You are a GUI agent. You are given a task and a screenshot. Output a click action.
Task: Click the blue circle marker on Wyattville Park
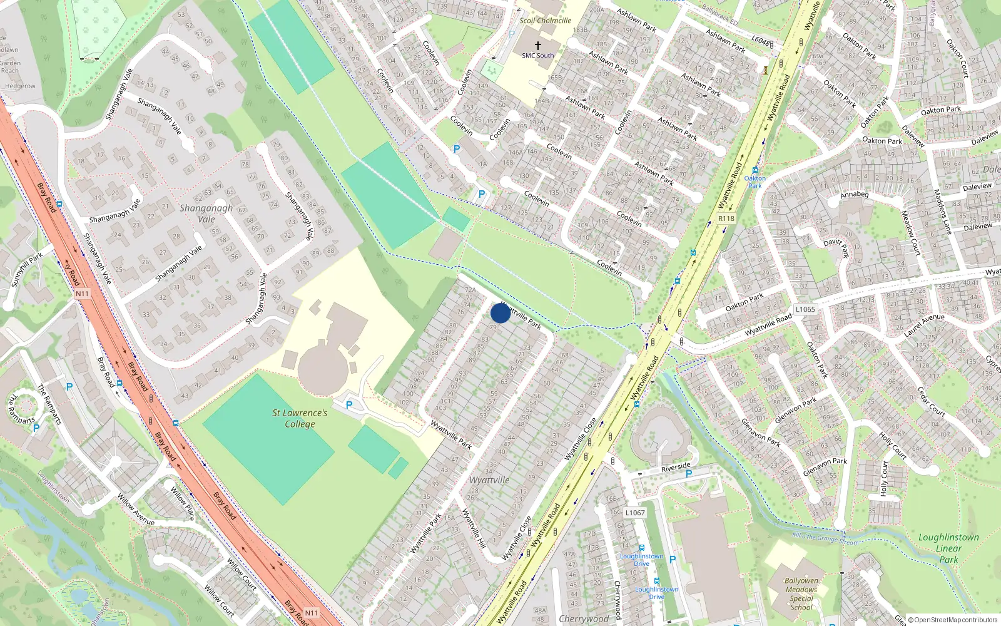[x=500, y=313]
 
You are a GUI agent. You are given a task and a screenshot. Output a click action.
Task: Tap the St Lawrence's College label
[x=300, y=418]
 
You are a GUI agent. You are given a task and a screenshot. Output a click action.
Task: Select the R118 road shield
[x=726, y=218]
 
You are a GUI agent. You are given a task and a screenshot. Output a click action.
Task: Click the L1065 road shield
[x=805, y=309]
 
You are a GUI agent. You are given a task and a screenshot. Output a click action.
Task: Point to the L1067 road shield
[x=634, y=513]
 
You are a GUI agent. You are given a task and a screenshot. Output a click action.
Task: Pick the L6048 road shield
[x=761, y=42]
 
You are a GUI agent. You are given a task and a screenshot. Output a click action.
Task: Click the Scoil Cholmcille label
[x=545, y=21]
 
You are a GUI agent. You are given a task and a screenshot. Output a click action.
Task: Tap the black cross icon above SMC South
[x=537, y=45]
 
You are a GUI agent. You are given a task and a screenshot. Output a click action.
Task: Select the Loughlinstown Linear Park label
[x=948, y=548]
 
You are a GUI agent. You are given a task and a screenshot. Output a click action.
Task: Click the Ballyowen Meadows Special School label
[x=801, y=593]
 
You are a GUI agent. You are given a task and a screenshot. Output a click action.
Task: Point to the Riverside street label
[x=676, y=467]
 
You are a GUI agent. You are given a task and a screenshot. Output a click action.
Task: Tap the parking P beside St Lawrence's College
[x=349, y=405]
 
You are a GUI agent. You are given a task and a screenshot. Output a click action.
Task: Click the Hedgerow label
[x=20, y=86]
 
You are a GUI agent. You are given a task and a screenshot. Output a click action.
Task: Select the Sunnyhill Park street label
[x=26, y=269]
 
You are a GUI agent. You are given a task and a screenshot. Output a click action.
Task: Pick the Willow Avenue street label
[x=136, y=510]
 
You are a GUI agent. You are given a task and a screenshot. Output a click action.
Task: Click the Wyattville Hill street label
[x=474, y=528]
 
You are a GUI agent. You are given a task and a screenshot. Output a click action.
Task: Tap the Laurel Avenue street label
[x=924, y=326]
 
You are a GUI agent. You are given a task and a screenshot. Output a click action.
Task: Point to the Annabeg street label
[x=854, y=195]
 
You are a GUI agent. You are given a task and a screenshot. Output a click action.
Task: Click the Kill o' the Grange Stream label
[x=825, y=536]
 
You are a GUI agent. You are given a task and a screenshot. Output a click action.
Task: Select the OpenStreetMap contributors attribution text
[x=953, y=620]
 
